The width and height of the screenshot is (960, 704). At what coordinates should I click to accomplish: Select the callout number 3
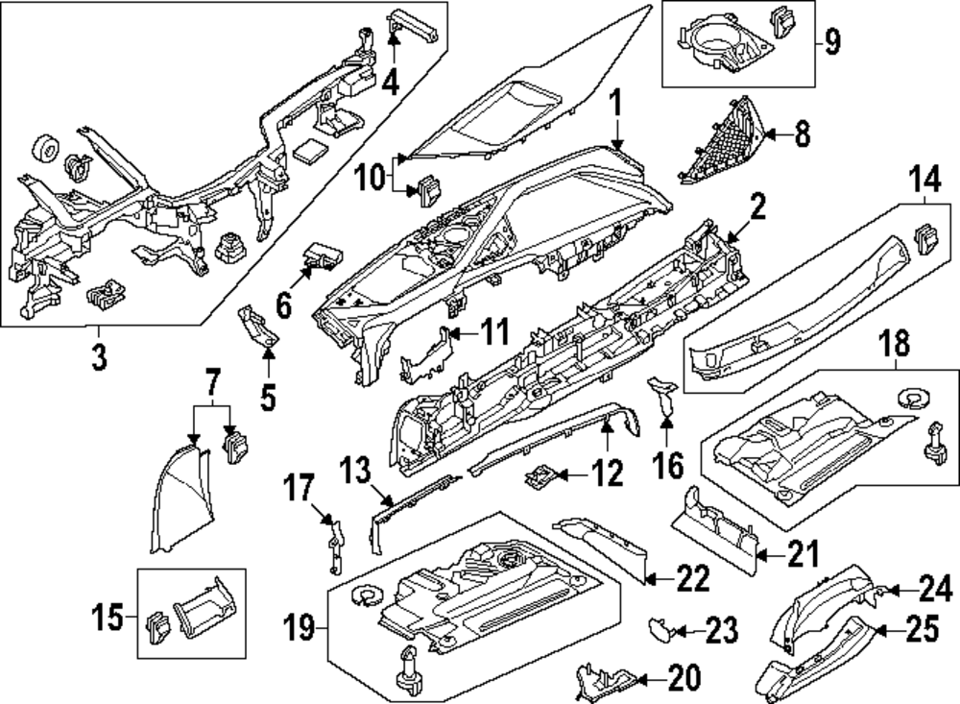tap(100, 358)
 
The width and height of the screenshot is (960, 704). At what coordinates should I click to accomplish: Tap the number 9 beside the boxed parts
tap(831, 42)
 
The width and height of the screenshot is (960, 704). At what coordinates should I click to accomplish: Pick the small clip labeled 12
tap(542, 473)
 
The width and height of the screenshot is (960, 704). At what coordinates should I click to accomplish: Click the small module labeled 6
tap(320, 255)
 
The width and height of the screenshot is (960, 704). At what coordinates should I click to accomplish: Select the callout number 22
tap(691, 578)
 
